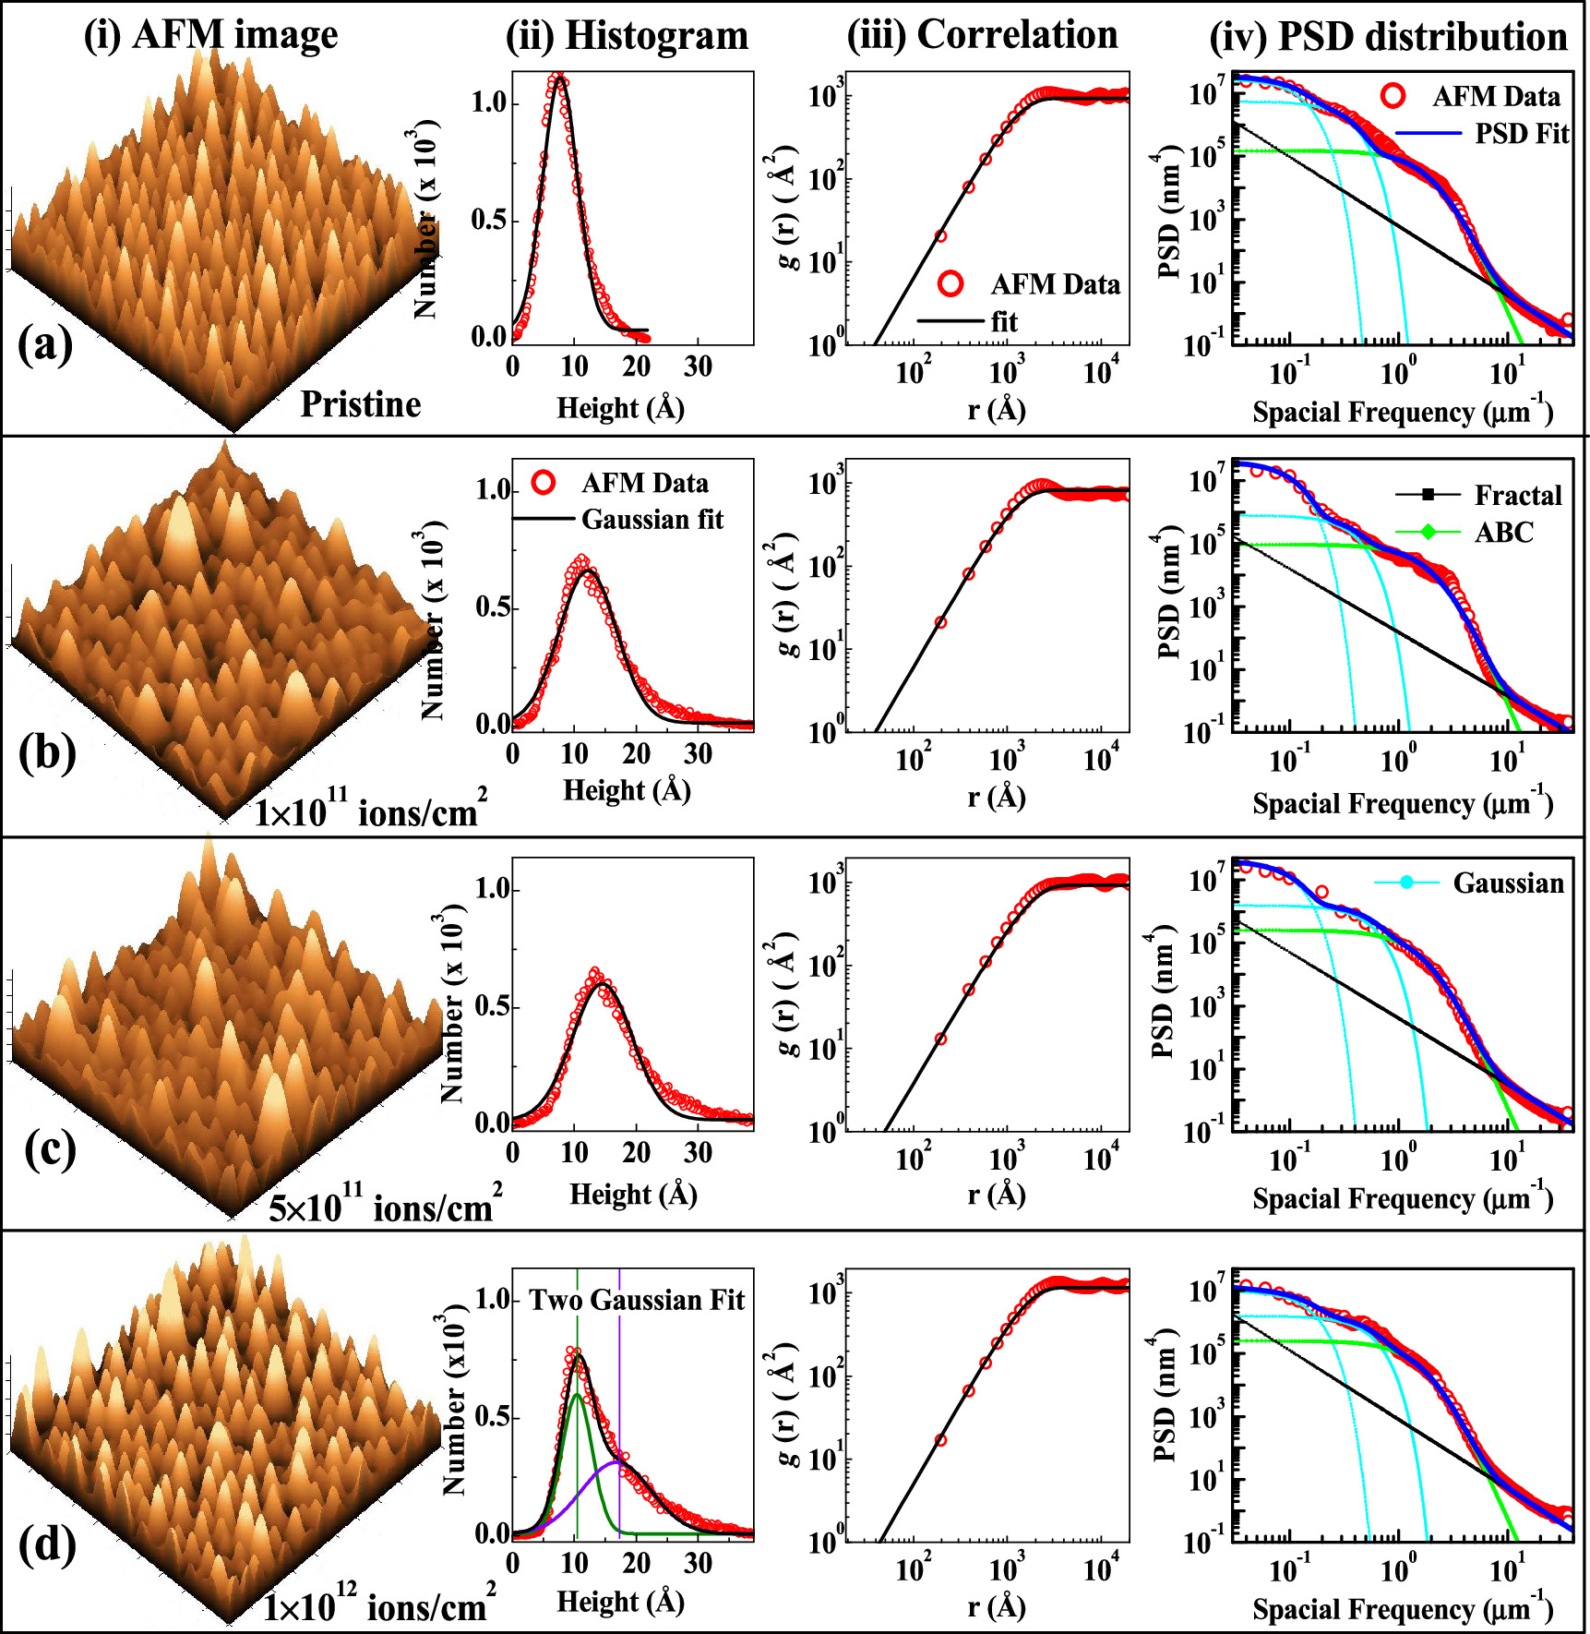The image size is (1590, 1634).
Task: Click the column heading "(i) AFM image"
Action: coord(210,35)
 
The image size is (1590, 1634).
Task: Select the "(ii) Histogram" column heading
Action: coord(627,35)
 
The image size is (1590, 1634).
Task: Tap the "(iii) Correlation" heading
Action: coord(982,35)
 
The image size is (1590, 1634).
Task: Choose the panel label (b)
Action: coord(47,752)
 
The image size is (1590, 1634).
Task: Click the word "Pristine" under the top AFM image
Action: coord(361,404)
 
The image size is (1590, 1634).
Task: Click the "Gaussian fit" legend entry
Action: coord(652,519)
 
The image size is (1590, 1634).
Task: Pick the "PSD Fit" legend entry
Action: coord(1521,134)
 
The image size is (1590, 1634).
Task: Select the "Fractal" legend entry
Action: coord(1517,496)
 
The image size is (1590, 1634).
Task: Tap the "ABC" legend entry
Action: coord(1503,533)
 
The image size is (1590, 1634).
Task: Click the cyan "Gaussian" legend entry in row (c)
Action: coord(1508,883)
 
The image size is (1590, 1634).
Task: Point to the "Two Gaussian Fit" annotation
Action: coord(636,1300)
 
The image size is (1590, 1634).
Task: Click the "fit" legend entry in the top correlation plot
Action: coord(1004,321)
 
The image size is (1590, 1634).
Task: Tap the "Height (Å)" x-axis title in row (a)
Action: coord(620,407)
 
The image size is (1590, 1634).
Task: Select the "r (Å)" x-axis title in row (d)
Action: coord(997,1607)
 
